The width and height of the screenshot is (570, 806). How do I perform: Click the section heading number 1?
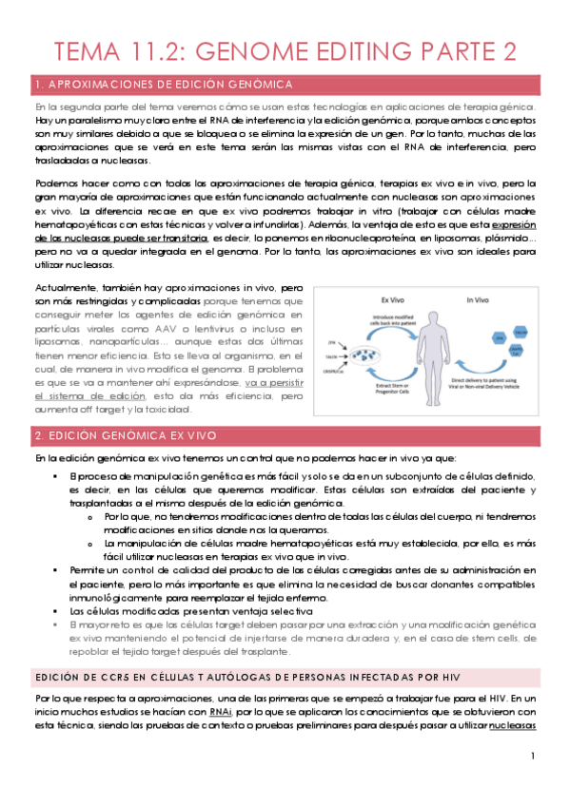[x=36, y=85]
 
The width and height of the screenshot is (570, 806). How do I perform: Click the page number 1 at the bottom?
[x=535, y=756]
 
